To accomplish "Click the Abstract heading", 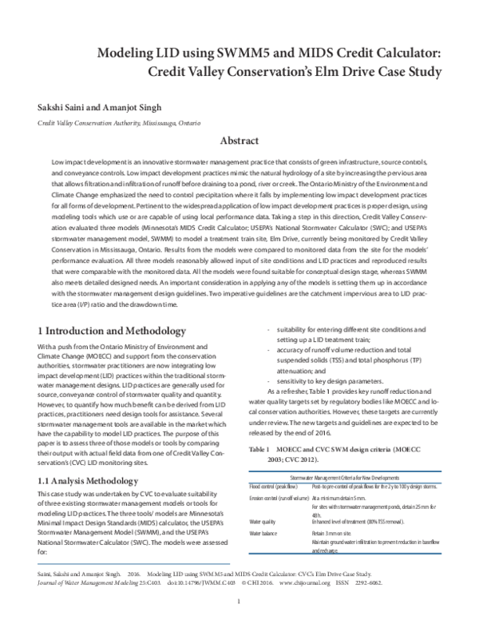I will point(239,141).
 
